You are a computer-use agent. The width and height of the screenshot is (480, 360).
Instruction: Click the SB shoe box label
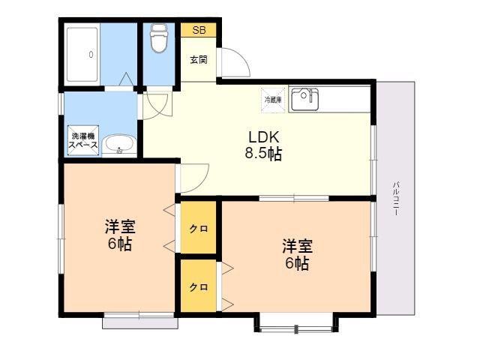click(x=199, y=30)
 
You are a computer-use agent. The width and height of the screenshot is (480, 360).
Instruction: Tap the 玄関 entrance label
click(x=199, y=59)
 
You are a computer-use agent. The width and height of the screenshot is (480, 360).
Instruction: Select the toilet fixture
click(x=158, y=38)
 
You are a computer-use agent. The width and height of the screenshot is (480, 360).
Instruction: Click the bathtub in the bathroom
click(x=82, y=55)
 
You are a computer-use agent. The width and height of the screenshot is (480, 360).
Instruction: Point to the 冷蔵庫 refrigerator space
click(x=273, y=100)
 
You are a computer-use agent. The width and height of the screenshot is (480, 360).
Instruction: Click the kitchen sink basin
click(x=304, y=99)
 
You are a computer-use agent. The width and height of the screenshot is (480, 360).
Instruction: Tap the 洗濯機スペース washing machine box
click(x=83, y=140)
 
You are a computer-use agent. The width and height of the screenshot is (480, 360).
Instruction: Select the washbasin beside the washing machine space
click(x=119, y=145)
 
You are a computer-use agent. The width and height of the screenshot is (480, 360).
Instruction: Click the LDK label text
click(x=263, y=137)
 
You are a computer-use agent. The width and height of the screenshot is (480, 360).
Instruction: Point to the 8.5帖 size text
click(x=263, y=154)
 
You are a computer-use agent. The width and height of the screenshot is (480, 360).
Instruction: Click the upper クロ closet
click(x=198, y=227)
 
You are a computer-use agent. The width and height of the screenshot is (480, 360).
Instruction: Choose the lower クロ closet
click(x=198, y=286)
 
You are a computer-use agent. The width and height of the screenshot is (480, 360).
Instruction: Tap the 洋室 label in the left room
click(x=120, y=226)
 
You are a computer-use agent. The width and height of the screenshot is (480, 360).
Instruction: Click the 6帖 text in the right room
click(x=297, y=263)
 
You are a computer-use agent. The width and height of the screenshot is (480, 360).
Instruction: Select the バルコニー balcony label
click(x=396, y=198)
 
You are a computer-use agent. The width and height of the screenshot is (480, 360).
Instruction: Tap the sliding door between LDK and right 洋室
click(x=294, y=198)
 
